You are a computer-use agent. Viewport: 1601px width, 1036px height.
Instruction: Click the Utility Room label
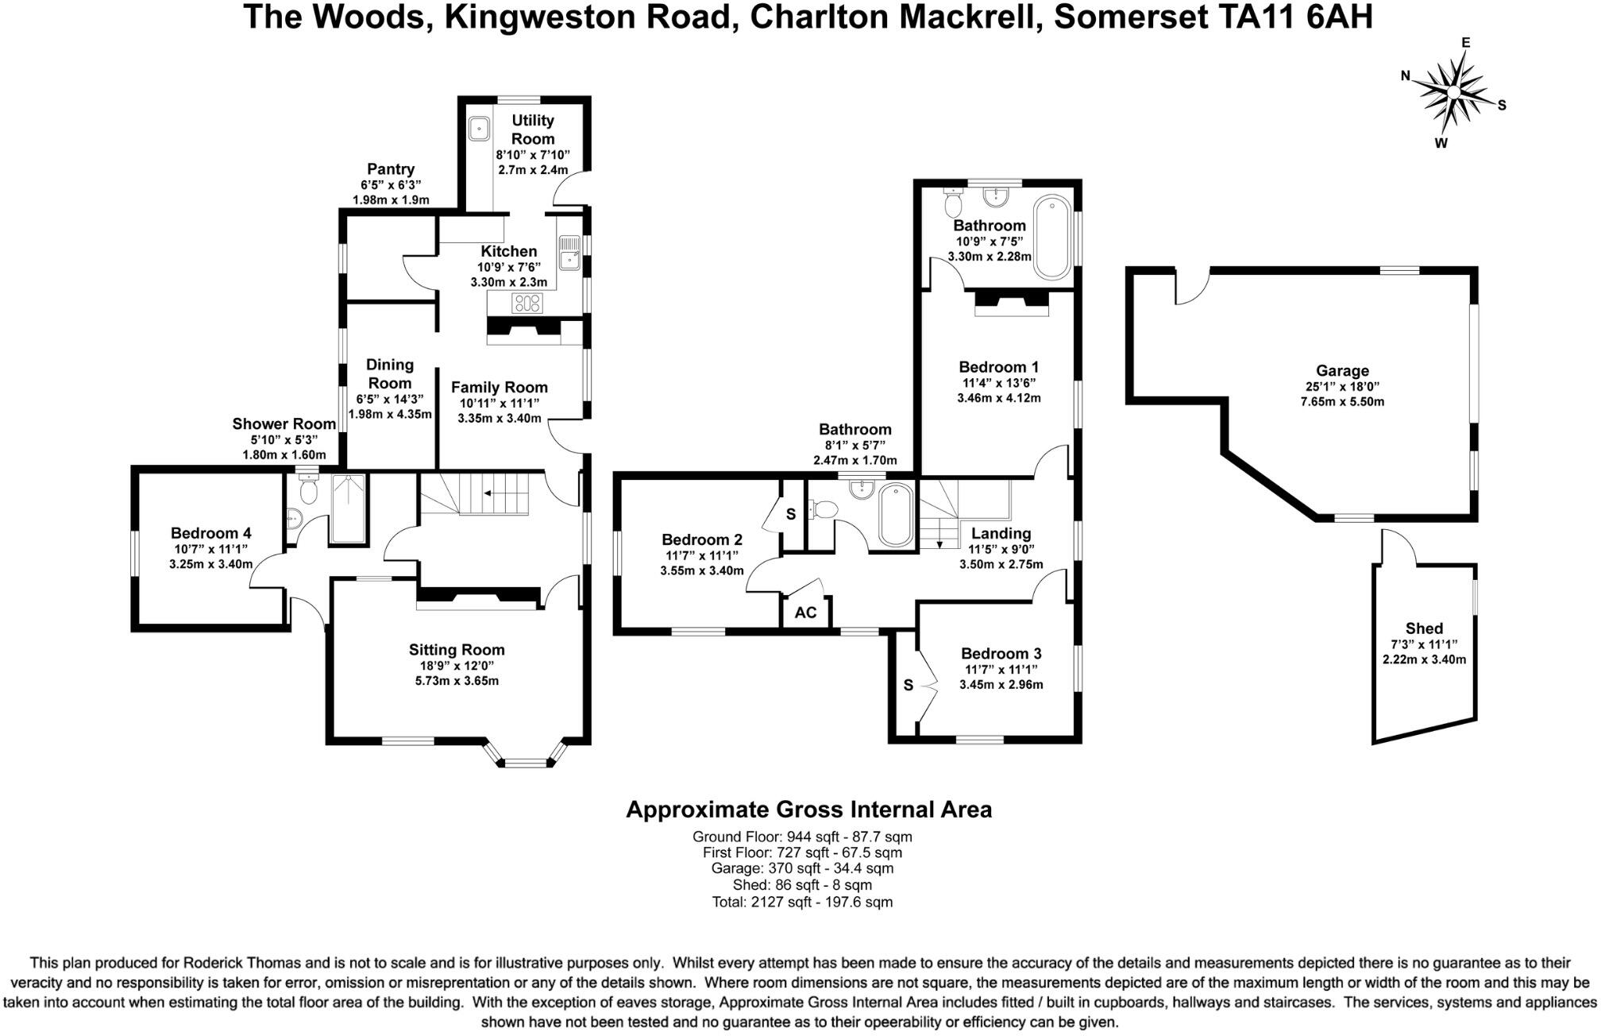pos(532,129)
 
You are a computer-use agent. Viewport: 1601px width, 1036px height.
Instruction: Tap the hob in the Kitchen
pos(527,303)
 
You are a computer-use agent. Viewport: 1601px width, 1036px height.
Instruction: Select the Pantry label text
pos(390,169)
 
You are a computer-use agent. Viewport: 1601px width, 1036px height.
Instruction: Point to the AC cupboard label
pos(805,613)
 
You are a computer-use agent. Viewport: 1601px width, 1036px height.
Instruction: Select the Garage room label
pos(1342,370)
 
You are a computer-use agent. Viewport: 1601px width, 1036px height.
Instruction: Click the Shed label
pos(1424,628)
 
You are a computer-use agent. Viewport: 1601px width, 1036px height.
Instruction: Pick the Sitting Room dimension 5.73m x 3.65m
pos(457,681)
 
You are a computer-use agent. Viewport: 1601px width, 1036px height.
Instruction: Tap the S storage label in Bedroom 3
pos(909,685)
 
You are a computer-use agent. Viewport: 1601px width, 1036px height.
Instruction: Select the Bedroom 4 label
pos(210,533)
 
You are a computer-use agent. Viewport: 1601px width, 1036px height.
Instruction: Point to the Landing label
pos(1001,533)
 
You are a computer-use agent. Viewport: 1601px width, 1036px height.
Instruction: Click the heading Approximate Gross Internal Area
pos(808,810)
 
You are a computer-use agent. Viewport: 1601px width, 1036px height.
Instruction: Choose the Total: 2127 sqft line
pos(802,902)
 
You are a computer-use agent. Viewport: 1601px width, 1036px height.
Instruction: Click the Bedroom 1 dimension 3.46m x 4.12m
pos(999,398)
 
